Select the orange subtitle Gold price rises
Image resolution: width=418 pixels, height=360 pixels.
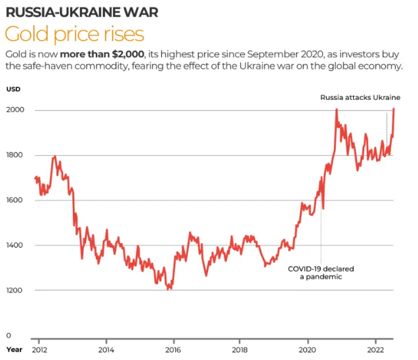(x=74, y=34)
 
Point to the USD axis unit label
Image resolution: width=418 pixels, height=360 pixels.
(x=14, y=89)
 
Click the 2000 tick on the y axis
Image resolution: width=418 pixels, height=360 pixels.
(x=15, y=110)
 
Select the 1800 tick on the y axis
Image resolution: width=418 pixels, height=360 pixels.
(x=15, y=155)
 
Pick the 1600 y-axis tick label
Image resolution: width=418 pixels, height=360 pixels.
(x=15, y=200)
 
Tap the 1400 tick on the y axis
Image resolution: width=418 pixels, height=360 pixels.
(x=15, y=245)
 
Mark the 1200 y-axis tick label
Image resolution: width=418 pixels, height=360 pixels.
(x=15, y=290)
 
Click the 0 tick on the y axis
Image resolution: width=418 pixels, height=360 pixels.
(x=9, y=335)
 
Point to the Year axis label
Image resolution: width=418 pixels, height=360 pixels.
(x=14, y=349)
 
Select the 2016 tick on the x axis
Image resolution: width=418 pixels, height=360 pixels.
(x=173, y=349)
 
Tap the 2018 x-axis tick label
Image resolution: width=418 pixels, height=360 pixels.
(x=240, y=349)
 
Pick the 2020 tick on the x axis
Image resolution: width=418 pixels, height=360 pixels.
(x=308, y=349)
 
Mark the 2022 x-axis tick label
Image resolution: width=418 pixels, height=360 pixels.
(x=375, y=349)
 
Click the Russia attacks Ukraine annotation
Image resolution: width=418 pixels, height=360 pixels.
(x=360, y=98)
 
